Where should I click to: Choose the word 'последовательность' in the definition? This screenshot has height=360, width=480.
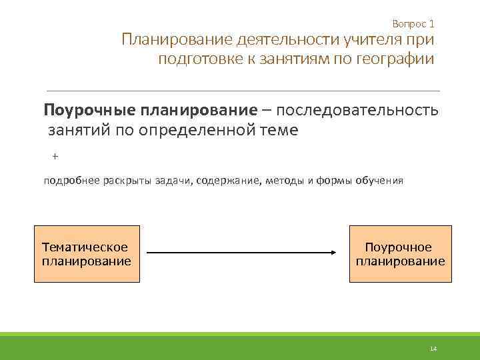361,110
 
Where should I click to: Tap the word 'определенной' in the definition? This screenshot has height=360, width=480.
198,130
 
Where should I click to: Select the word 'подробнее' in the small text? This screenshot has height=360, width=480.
72,181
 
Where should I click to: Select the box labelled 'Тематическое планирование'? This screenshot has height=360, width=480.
87,254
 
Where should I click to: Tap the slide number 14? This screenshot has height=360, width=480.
433,349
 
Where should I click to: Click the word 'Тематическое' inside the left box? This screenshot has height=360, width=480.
85,247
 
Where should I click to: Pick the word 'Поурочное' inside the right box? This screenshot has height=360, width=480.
399,247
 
